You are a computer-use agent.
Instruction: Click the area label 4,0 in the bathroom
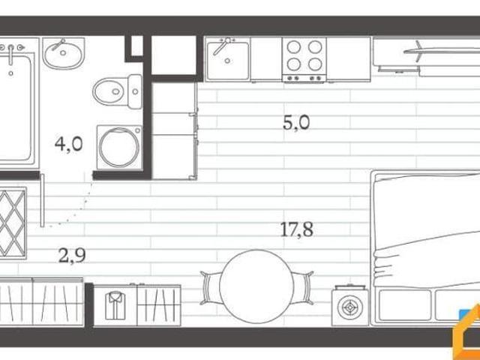pyautogui.click(x=68, y=144)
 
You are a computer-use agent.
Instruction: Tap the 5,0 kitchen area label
pyautogui.click(x=296, y=123)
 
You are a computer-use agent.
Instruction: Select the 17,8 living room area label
pyautogui.click(x=297, y=229)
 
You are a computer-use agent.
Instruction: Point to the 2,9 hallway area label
pyautogui.click(x=72, y=256)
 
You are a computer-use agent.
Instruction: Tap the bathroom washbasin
pyautogui.click(x=63, y=53)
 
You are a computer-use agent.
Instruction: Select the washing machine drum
pyautogui.click(x=119, y=147)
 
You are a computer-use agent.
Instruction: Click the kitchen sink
pyautogui.click(x=227, y=59)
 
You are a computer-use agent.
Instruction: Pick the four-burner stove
pyautogui.click(x=304, y=60)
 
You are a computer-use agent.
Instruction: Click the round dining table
pyautogui.click(x=256, y=286)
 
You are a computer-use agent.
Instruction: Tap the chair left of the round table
pyautogui.click(x=211, y=288)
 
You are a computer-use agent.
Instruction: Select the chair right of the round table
pyautogui.click(x=303, y=288)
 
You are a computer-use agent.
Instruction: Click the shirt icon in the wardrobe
pyautogui.click(x=115, y=305)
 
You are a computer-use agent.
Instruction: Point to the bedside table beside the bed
pyautogui.click(x=350, y=306)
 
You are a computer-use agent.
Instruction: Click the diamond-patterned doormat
pyautogui.click(x=12, y=223)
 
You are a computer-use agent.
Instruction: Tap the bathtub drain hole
pyautogui.click(x=11, y=73)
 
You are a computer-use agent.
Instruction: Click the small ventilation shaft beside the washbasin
pyautogui.click(x=137, y=46)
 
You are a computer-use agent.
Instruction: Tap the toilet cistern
pyautogui.click(x=135, y=91)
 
